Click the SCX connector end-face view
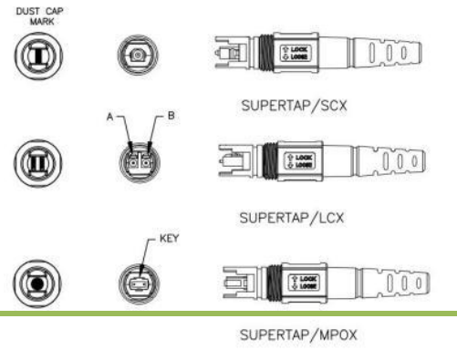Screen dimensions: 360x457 [x=136, y=55]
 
